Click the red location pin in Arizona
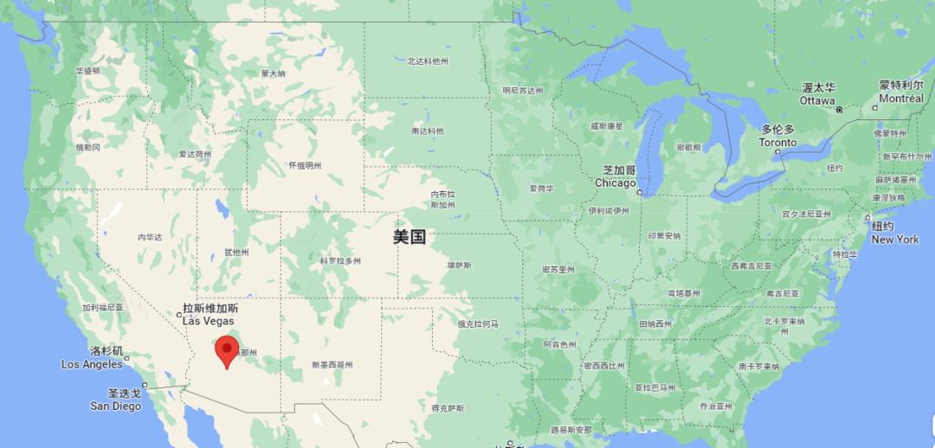pos(227,350)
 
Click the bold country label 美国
pos(409,237)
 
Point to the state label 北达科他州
pos(428,61)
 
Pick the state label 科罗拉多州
pos(340,260)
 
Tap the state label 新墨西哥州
pos(332,365)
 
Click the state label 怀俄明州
pos(305,165)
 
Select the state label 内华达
pos(150,237)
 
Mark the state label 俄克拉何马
pos(478,323)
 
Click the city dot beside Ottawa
pos(839,110)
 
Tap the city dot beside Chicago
pos(639,193)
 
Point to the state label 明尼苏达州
pos(523,91)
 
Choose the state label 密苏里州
pos(558,270)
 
